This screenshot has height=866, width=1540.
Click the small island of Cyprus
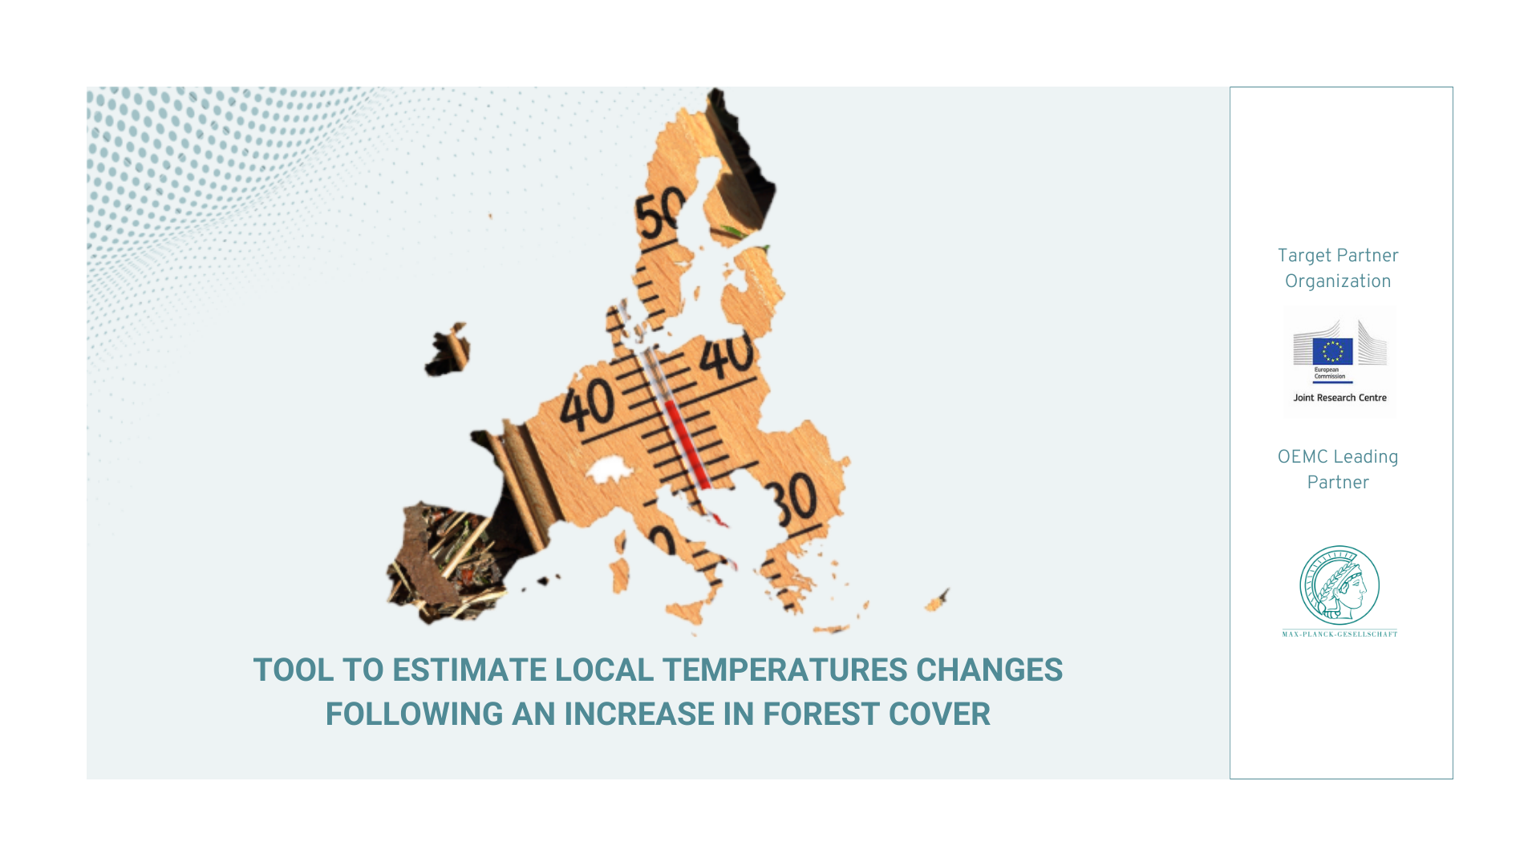(x=937, y=601)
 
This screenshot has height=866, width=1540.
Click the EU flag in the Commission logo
(x=1332, y=351)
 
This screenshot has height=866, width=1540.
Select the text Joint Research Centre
(x=1339, y=398)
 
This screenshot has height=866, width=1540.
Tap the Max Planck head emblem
(x=1339, y=585)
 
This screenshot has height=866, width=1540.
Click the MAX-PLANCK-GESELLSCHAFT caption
(x=1339, y=634)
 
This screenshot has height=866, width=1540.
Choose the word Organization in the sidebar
(x=1338, y=281)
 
